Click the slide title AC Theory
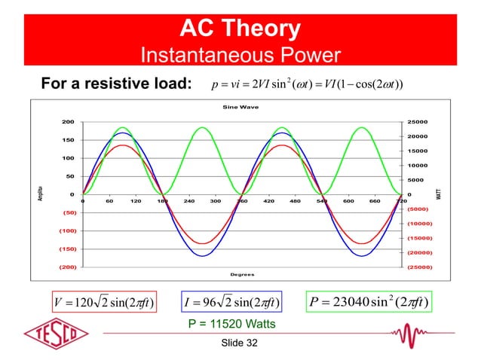240,29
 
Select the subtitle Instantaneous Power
240,56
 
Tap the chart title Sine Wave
240,107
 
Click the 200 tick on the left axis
67,122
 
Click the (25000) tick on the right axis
418,267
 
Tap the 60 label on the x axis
109,202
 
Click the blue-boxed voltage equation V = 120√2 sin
101,303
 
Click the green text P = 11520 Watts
231,325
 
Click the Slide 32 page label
240,343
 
